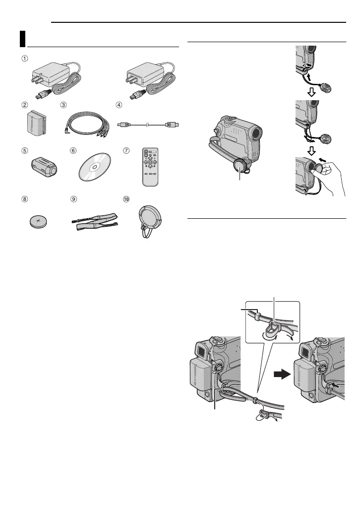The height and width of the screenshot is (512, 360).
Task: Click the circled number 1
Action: click(24, 58)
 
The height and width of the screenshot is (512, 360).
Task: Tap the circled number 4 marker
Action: click(119, 105)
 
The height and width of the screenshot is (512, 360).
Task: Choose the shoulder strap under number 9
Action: click(94, 220)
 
